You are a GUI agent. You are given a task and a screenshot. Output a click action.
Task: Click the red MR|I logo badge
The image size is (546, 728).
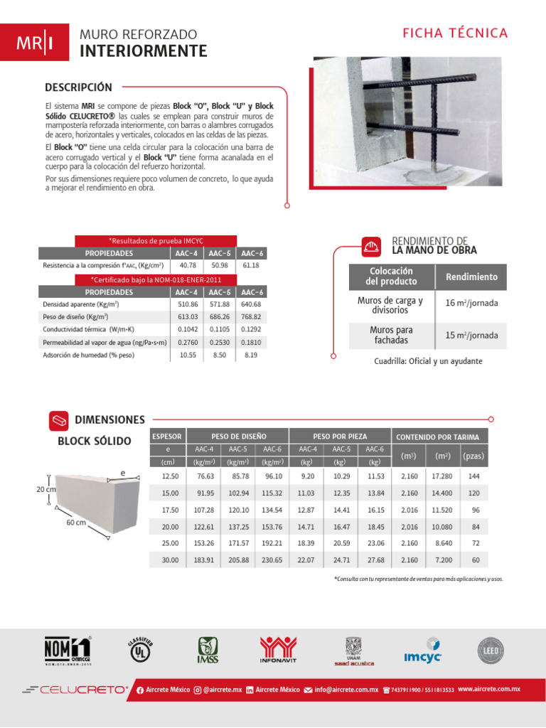35,43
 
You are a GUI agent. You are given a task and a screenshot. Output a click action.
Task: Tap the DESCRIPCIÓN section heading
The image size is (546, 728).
78,87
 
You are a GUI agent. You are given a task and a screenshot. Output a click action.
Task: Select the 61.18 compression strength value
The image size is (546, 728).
251,265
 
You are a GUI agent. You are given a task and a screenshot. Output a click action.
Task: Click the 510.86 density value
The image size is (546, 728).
188,304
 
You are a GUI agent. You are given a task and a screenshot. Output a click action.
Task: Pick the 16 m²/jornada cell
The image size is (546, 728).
471,304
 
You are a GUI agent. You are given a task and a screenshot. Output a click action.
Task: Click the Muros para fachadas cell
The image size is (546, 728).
391,335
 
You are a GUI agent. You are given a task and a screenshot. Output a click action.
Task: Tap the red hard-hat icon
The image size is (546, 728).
371,246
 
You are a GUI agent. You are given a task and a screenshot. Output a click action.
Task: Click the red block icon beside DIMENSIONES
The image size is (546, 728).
59,420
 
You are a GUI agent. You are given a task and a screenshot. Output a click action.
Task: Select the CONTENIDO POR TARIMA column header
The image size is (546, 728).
437,437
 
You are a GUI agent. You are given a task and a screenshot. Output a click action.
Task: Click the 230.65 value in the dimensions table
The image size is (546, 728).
272,561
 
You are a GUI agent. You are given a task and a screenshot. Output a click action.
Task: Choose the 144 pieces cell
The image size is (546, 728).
475,476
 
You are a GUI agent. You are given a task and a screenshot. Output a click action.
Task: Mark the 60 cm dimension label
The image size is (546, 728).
75,523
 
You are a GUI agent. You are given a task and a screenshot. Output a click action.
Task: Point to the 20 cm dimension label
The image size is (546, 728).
46,490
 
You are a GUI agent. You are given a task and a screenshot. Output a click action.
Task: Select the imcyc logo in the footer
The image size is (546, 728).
423,655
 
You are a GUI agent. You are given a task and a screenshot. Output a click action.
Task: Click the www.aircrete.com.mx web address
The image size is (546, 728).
488,689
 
